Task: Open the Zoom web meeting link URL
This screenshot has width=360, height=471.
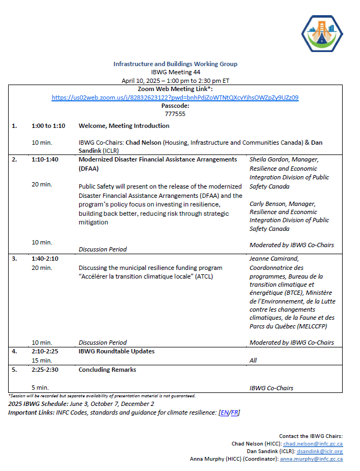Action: (175, 98)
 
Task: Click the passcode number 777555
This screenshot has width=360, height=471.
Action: (175, 114)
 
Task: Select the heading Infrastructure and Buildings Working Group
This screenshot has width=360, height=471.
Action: (175, 64)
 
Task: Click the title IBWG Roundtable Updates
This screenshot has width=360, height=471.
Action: (117, 351)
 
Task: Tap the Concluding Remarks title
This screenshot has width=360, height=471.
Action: (107, 370)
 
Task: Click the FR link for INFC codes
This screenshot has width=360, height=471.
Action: (234, 412)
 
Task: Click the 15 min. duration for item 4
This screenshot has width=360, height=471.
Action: (42, 360)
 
